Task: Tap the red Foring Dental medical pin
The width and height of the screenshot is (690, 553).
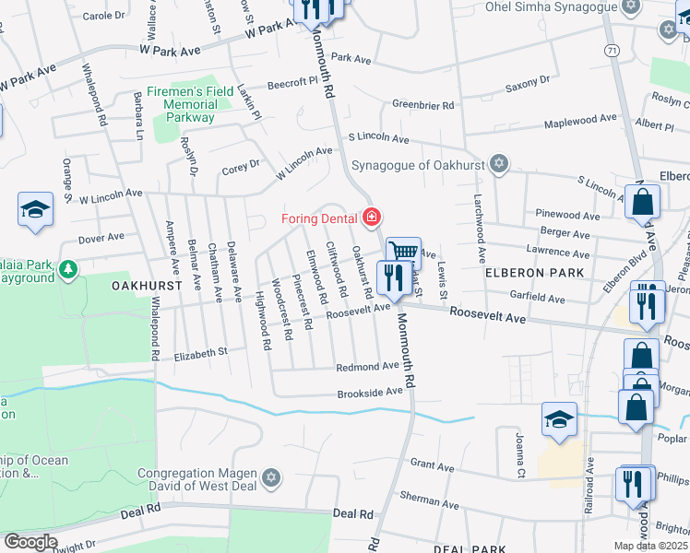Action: click(371, 218)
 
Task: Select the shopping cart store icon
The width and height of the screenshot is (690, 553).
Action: click(403, 251)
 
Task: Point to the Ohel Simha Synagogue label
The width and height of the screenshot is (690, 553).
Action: click(551, 6)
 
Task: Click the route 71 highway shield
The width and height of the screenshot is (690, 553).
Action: click(613, 48)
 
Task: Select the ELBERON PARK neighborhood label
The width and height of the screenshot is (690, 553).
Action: click(535, 273)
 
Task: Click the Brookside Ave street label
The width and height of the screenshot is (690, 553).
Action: click(369, 392)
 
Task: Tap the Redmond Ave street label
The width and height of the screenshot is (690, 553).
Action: click(366, 366)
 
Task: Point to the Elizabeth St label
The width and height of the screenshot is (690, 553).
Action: click(200, 352)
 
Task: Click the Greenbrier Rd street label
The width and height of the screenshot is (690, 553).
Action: click(423, 105)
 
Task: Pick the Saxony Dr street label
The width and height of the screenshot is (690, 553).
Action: click(528, 88)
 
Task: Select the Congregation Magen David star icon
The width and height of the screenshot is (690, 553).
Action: click(270, 477)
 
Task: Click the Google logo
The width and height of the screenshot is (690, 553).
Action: click(30, 542)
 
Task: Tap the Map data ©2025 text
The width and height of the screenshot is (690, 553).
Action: click(650, 546)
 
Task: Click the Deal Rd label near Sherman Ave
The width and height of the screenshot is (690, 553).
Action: click(355, 513)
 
